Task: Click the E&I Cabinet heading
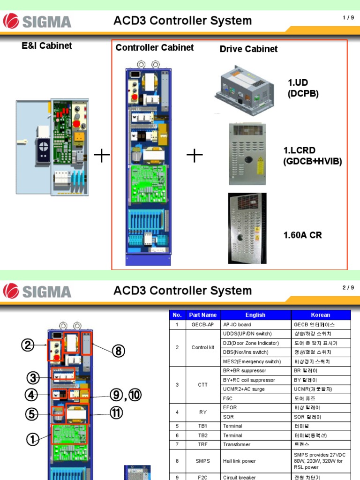(47, 46)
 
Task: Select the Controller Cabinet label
(155, 48)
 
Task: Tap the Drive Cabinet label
(248, 49)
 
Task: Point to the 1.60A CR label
(302, 235)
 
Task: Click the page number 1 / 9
(347, 18)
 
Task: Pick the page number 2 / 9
(347, 288)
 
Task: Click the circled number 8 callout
(119, 351)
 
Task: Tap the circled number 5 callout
(31, 414)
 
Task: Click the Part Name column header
(203, 315)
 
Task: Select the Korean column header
(321, 315)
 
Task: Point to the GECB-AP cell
(203, 324)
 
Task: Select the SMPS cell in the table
(203, 461)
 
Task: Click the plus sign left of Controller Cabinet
(102, 156)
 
